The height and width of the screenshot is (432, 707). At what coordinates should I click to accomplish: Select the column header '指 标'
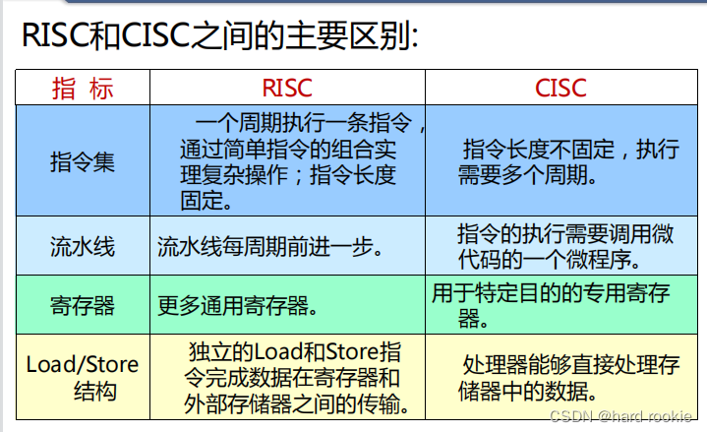(x=83, y=88)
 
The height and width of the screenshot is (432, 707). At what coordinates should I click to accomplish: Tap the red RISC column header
(x=287, y=88)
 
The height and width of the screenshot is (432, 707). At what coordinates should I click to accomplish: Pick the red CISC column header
(x=560, y=88)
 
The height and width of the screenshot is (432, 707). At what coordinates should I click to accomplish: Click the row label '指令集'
(x=83, y=161)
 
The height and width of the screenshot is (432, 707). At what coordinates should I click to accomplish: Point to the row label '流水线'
(x=83, y=246)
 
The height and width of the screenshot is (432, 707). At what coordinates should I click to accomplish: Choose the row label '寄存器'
(x=83, y=305)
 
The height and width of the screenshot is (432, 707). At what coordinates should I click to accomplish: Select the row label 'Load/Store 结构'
(x=83, y=377)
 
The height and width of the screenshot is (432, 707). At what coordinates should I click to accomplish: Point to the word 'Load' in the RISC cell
(x=276, y=351)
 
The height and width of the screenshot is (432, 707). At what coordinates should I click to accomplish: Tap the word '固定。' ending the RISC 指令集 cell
(x=206, y=201)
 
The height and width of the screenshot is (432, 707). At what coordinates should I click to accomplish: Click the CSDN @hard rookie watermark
(x=620, y=415)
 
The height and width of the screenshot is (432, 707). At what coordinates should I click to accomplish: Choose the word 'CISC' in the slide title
(x=155, y=35)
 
